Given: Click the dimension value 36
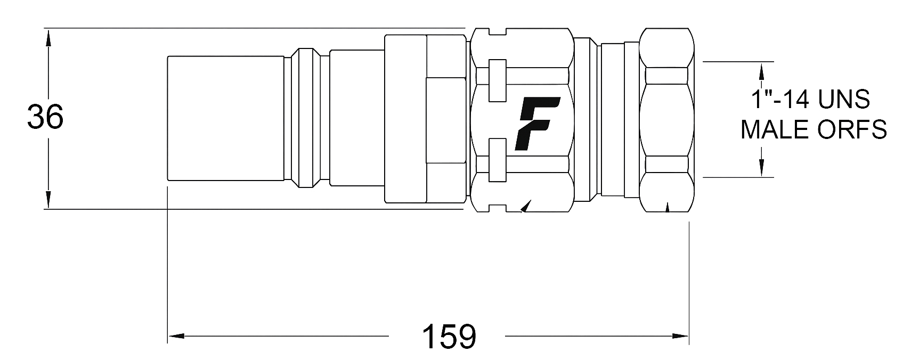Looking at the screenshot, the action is click(x=45, y=117).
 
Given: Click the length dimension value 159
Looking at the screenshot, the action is click(x=449, y=337).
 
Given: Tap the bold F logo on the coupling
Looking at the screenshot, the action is click(x=537, y=124).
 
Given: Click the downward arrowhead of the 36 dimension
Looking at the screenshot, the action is click(x=48, y=200).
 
